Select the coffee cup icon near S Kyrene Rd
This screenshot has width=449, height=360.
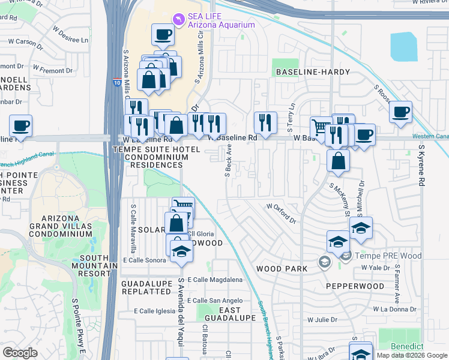[400, 111]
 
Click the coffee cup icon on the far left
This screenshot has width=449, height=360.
[21, 126]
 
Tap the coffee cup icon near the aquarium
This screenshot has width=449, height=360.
[162, 34]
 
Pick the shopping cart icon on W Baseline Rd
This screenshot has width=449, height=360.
[321, 127]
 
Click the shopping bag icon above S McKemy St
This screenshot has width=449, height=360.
[339, 160]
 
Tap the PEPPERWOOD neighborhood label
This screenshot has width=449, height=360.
[355, 286]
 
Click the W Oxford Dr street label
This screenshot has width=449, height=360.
[282, 213]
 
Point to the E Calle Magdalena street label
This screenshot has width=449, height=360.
[215, 280]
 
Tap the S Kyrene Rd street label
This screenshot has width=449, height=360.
[421, 164]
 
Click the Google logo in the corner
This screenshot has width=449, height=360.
[20, 353]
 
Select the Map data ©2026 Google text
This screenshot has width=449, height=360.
[412, 355]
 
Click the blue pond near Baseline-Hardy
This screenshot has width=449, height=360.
[403, 46]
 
